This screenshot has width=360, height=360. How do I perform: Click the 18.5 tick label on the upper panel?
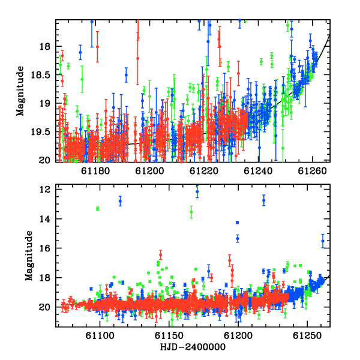[x=40, y=75]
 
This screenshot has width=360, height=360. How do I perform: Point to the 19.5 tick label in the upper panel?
[x=40, y=132]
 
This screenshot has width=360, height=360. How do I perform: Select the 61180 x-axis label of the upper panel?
[x=95, y=171]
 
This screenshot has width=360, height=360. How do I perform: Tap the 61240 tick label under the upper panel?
[x=258, y=171]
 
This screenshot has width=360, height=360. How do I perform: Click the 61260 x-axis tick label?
[x=312, y=171]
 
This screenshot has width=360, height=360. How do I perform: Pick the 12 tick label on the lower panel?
[x=44, y=190]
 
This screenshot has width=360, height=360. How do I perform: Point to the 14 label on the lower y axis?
[x=44, y=219]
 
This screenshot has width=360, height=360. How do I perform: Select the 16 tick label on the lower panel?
[x=44, y=248]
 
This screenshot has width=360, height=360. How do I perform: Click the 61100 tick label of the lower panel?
[x=100, y=335]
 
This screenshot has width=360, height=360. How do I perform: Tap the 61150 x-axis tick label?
[x=169, y=335]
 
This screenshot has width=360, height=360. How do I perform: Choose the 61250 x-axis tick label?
[x=307, y=335]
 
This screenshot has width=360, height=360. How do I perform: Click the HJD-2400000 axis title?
[x=193, y=347]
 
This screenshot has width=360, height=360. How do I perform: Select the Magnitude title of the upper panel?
[x=20, y=91]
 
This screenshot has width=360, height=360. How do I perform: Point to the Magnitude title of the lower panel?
[x=29, y=256]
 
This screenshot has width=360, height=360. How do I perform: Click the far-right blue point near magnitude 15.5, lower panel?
[x=323, y=241]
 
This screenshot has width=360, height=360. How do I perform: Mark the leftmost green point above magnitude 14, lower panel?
[x=98, y=208]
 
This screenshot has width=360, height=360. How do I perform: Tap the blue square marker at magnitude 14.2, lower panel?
[x=238, y=222]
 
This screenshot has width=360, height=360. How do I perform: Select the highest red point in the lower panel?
[x=161, y=255]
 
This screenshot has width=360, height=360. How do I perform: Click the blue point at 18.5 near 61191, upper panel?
[x=126, y=75]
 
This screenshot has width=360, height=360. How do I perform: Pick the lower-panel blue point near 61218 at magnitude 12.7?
[x=264, y=200]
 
